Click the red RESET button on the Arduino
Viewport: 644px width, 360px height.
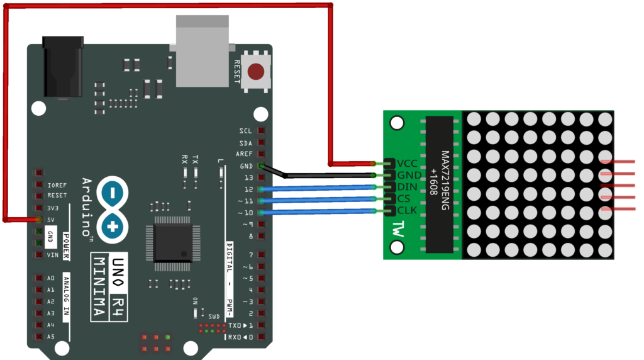(256, 71)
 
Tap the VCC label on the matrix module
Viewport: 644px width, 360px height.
(408, 162)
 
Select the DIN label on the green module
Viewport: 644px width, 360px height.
(408, 186)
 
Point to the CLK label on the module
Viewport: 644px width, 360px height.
(408, 210)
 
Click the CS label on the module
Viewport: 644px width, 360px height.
(404, 198)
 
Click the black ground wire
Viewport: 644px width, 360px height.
(327, 175)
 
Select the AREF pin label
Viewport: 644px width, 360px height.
(245, 154)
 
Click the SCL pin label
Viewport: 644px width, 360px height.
(245, 131)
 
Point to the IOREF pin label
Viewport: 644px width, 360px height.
(57, 185)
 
